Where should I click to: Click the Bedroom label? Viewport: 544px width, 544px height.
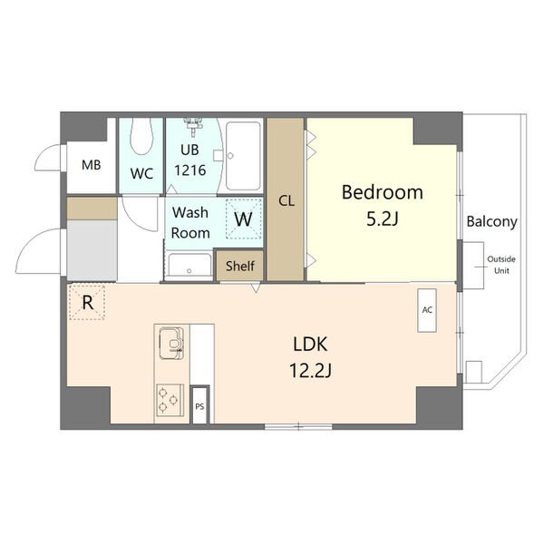click(x=383, y=192)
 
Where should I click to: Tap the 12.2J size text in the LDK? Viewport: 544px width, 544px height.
click(x=310, y=370)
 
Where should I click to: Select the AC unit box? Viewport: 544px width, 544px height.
click(x=427, y=310)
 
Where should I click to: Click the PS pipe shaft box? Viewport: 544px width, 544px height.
click(x=199, y=405)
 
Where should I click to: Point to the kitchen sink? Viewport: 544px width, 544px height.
click(x=171, y=344)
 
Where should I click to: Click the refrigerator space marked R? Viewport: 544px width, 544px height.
click(x=87, y=302)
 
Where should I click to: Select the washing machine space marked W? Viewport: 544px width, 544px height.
click(x=243, y=219)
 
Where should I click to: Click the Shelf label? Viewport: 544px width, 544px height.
click(x=240, y=266)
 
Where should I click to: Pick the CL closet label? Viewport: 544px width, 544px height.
click(x=287, y=201)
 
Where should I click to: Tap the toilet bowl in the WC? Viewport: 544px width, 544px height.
click(x=141, y=136)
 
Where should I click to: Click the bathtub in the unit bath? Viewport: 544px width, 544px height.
click(x=243, y=156)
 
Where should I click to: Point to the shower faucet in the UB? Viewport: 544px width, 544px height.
click(x=192, y=124)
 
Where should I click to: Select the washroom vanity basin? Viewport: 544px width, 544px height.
click(x=189, y=267)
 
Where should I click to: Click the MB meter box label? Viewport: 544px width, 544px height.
click(x=92, y=165)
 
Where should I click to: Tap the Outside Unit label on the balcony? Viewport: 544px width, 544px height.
click(x=501, y=265)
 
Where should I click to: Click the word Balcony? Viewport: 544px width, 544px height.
click(x=491, y=221)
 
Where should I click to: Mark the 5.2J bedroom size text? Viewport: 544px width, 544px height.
click(x=383, y=219)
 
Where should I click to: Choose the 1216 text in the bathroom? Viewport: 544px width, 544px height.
click(x=190, y=170)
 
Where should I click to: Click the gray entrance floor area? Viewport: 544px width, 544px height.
click(x=92, y=250)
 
